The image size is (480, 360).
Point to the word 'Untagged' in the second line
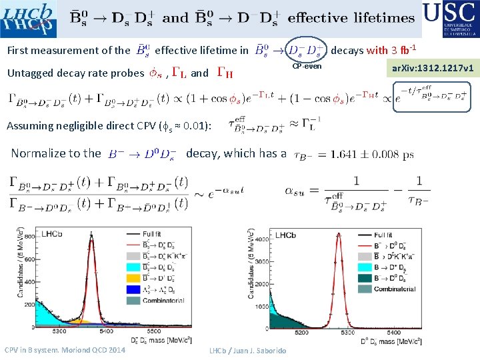32,73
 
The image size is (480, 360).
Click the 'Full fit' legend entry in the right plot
383,235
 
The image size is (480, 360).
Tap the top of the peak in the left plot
91,235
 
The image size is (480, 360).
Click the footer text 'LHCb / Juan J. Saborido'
247,351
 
